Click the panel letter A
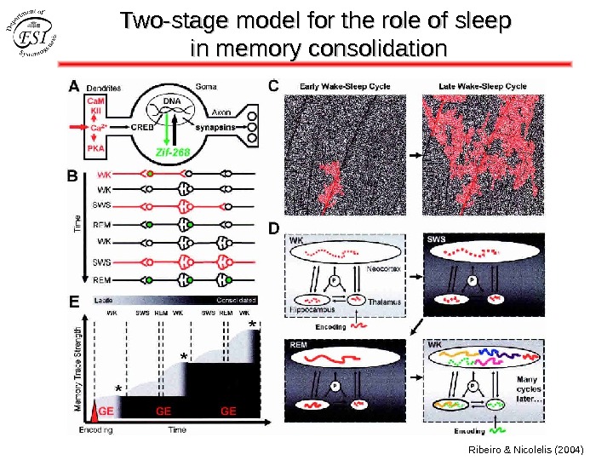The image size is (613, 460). (74, 86)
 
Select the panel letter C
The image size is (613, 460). (274, 85)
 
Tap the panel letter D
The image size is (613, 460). (274, 228)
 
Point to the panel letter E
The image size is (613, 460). (74, 301)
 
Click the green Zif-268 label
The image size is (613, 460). (174, 152)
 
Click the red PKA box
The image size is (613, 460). (95, 148)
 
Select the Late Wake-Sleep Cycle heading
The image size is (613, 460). (482, 86)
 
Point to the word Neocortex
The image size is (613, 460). (382, 269)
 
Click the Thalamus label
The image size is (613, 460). (385, 302)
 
